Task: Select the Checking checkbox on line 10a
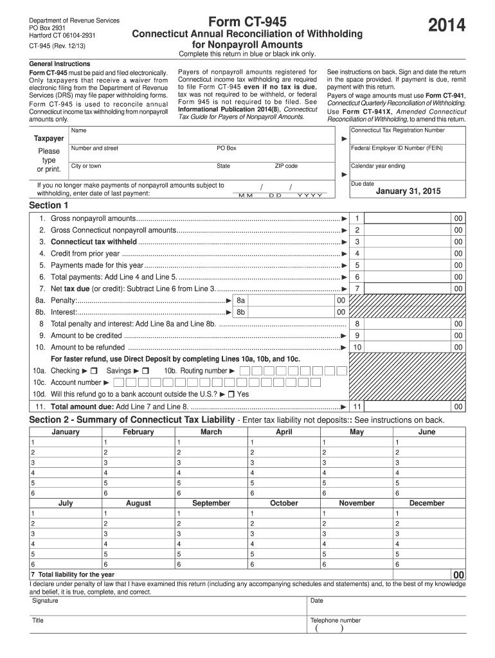tap(93, 371)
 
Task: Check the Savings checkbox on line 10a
tap(145, 371)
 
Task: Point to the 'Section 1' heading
tap(49, 206)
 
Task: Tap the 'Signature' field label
tap(45, 601)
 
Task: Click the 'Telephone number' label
tap(336, 621)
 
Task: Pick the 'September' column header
tap(212, 503)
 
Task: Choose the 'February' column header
tap(138, 432)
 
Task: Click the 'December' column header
tap(426, 503)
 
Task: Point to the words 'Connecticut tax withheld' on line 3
tap(94, 242)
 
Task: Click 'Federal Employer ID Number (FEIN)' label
tap(397, 148)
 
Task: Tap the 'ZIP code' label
tap(286, 166)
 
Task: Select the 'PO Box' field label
tap(226, 148)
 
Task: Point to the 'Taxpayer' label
tap(49, 138)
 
